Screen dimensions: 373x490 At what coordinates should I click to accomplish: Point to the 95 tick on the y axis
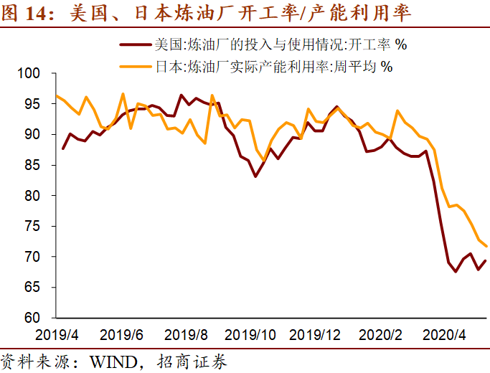[x=40, y=104]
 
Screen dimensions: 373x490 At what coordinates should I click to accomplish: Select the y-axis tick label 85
[x=40, y=165]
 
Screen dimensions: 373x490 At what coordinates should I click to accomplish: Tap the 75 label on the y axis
[x=40, y=226]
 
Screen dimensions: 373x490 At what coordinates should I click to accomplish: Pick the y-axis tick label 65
[x=40, y=287]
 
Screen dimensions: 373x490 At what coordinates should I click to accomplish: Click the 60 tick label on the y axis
[x=40, y=318]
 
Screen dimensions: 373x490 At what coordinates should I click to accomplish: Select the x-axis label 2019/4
[x=58, y=334]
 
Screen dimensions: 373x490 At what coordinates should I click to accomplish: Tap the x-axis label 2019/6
[x=122, y=334]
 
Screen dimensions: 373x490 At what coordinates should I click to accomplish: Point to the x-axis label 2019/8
[x=186, y=334]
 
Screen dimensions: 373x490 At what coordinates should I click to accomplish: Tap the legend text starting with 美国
[x=281, y=46]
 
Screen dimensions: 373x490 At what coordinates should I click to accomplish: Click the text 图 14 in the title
[x=29, y=14]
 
